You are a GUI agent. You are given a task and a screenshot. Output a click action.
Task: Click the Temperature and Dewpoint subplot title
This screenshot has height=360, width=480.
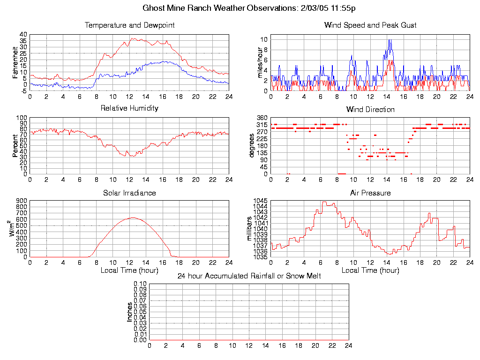pyautogui.click(x=129, y=25)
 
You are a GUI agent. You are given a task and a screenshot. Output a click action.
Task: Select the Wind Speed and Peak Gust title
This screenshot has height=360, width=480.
pyautogui.click(x=370, y=25)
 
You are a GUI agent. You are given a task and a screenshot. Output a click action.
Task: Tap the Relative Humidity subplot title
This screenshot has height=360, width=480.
pyautogui.click(x=129, y=108)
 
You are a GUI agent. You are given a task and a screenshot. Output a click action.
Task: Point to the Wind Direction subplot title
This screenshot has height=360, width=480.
pyautogui.click(x=370, y=110)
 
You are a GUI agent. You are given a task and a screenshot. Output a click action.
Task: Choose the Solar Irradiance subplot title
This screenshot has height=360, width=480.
pyautogui.click(x=129, y=193)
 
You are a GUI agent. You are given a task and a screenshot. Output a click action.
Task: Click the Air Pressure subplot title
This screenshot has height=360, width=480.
pyautogui.click(x=370, y=193)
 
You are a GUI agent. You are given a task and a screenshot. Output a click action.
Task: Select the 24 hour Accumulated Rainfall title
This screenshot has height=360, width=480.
pyautogui.click(x=249, y=276)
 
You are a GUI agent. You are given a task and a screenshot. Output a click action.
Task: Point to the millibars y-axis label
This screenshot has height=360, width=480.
pyautogui.click(x=249, y=228)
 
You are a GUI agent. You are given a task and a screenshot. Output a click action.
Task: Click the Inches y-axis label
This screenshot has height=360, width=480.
pyautogui.click(x=130, y=312)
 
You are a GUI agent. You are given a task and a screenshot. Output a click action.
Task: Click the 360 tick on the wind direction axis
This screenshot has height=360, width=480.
pyautogui.click(x=262, y=118)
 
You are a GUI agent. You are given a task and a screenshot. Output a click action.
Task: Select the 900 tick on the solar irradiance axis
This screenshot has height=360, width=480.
pyautogui.click(x=22, y=201)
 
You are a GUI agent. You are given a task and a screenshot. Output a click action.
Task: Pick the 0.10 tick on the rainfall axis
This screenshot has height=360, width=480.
pyautogui.click(x=140, y=284)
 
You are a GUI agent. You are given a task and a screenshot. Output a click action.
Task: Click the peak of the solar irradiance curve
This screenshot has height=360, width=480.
pyautogui.click(x=133, y=217)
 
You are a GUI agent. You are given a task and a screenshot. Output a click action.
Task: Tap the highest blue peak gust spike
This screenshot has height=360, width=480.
pyautogui.click(x=390, y=40)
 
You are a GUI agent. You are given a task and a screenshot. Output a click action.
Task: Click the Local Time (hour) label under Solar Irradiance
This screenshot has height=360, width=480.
pyautogui.click(x=129, y=270)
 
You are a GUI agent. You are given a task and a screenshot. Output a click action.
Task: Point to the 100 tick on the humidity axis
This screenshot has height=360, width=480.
pyautogui.click(x=22, y=118)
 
